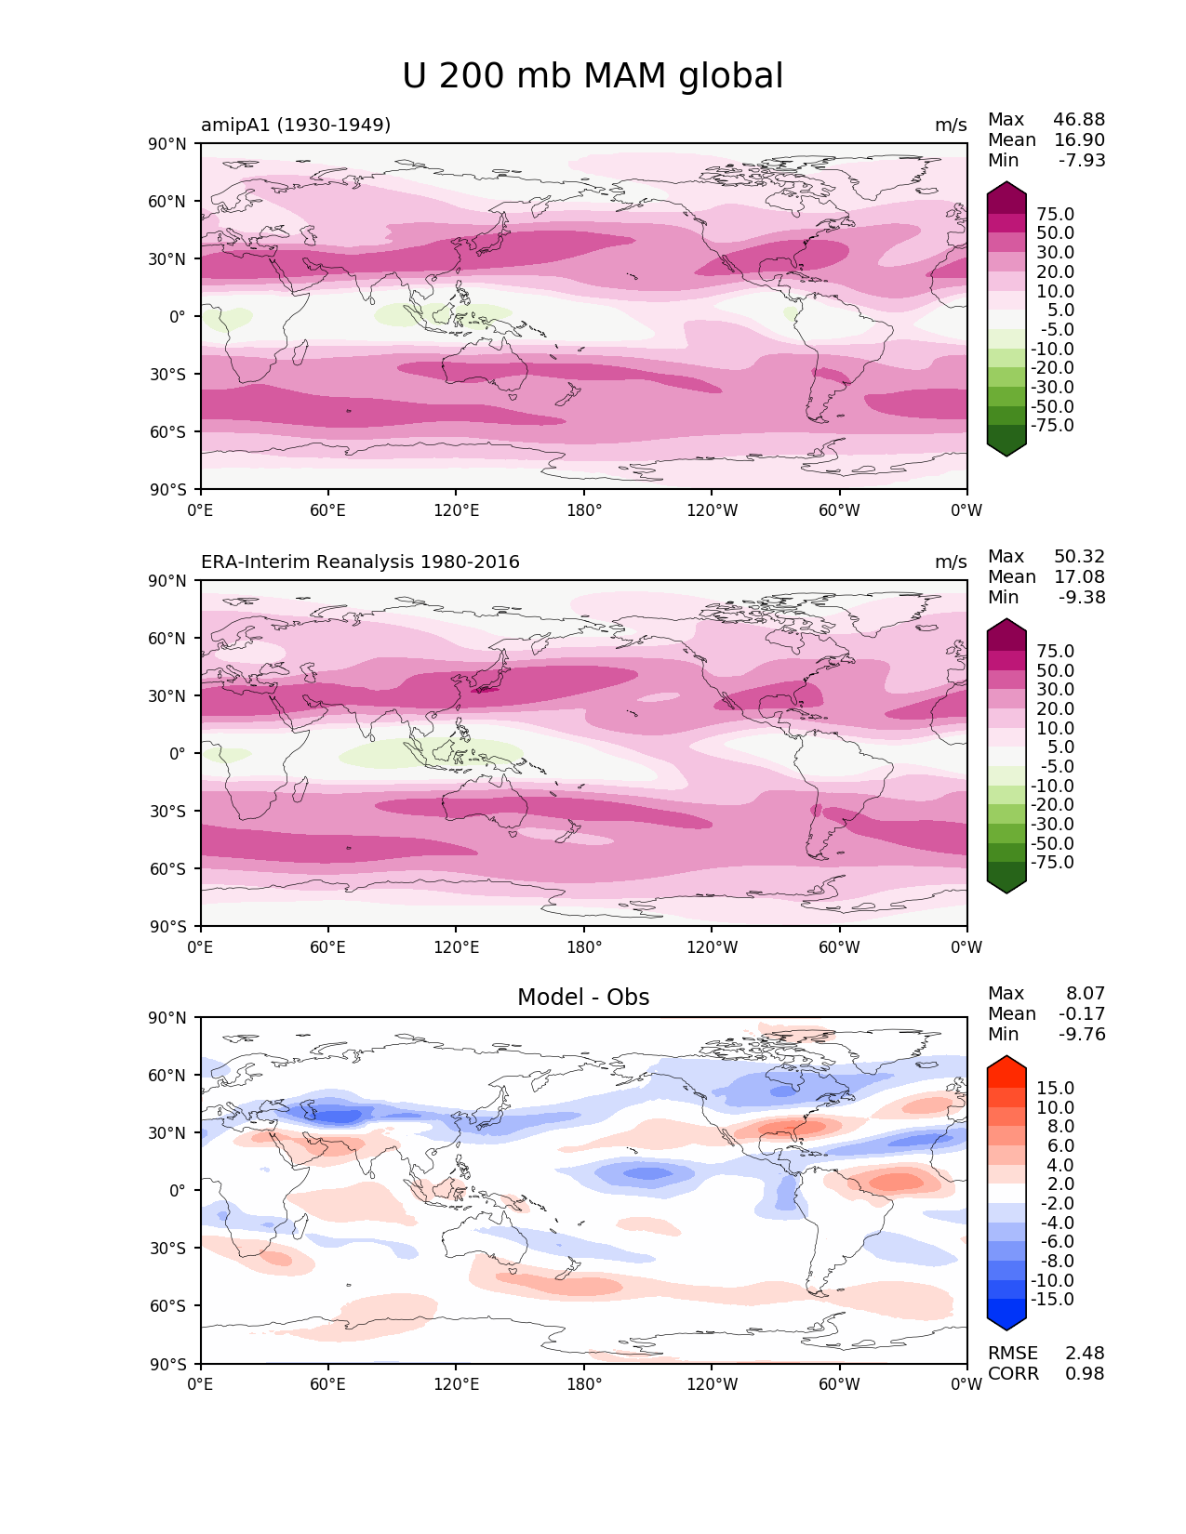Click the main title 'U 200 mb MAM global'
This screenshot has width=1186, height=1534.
click(x=592, y=75)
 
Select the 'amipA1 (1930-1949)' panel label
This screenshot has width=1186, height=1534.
click(x=295, y=125)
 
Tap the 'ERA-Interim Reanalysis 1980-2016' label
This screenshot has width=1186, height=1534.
click(x=360, y=562)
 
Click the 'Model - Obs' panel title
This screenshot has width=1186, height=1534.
click(x=582, y=997)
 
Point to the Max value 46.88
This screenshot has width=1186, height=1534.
click(x=1079, y=119)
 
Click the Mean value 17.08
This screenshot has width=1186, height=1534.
click(x=1079, y=576)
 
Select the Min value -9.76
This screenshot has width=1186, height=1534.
click(x=1082, y=1034)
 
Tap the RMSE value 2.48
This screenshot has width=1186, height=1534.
click(x=1085, y=1353)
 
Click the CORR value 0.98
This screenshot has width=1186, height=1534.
click(x=1085, y=1373)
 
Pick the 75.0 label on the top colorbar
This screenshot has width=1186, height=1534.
click(x=1055, y=214)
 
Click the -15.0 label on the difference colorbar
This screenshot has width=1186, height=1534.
click(x=1052, y=1299)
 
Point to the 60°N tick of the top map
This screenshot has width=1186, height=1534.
click(x=167, y=201)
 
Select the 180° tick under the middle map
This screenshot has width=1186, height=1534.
click(x=584, y=946)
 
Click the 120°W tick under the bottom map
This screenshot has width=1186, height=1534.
click(x=712, y=1383)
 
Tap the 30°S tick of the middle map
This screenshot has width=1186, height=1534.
click(x=168, y=811)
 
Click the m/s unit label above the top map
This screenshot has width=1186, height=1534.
click(x=951, y=125)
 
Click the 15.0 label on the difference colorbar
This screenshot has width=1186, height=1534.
click(x=1055, y=1088)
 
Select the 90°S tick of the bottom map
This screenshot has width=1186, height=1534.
click(x=168, y=1364)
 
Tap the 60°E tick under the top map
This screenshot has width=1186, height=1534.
click(x=327, y=509)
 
